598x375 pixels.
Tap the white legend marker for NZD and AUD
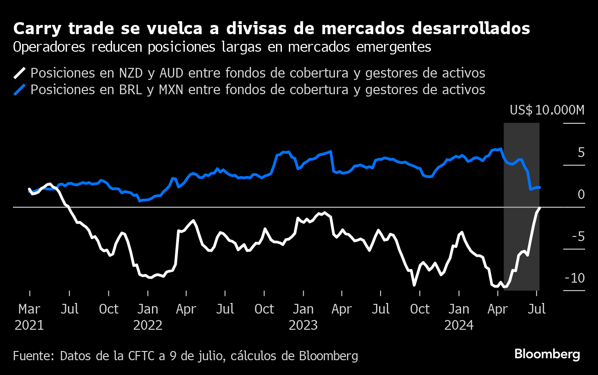tap(20, 73)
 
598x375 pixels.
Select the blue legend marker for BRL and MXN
tap(20, 89)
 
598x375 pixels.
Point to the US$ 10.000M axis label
tap(547, 110)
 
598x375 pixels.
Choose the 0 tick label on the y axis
tap(581, 194)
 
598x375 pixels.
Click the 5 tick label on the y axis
tap(581, 153)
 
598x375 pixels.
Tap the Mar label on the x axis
tap(30, 309)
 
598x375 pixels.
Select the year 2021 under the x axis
tap(30, 325)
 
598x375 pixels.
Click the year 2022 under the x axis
tap(148, 325)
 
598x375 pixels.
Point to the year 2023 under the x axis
tap(303, 325)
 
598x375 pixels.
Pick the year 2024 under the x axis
tap(459, 325)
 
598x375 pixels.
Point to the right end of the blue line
tap(539, 187)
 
